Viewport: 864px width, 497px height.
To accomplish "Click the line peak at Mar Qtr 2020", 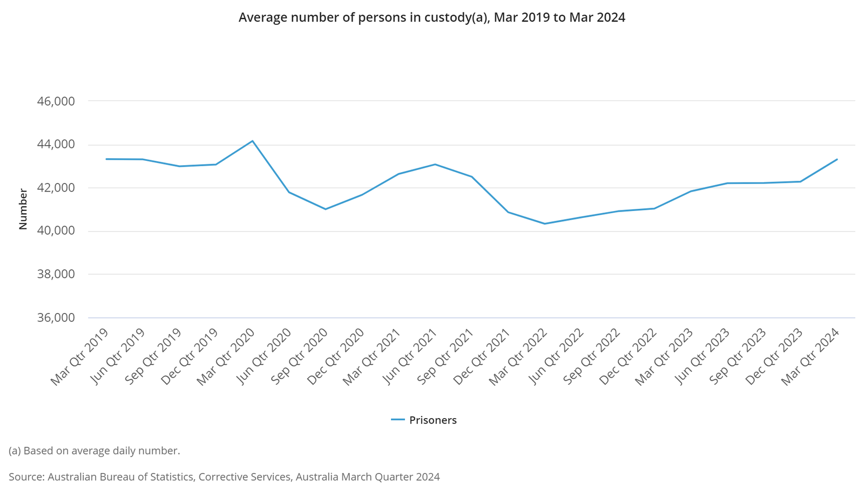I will pos(252,141).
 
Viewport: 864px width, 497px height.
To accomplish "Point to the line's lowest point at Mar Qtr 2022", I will pos(544,223).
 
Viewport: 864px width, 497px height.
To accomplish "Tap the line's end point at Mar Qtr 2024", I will pos(837,159).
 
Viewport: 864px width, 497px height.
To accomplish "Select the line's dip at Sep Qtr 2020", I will pos(325,209).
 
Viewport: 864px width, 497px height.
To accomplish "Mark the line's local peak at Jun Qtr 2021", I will pos(435,164).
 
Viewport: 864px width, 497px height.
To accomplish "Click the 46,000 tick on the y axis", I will pos(56,101).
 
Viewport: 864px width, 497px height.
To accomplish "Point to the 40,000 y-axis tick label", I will pos(56,231).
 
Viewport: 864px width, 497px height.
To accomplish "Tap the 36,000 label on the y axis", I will pos(56,318).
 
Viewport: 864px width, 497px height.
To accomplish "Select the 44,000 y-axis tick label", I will pos(56,145).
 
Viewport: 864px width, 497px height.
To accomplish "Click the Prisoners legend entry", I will pos(424,420).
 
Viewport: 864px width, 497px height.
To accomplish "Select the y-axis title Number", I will pos(23,209).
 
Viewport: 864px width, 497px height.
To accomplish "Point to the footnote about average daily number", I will pos(94,451).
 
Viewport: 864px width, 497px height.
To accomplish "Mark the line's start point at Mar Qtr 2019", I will pos(106,159).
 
